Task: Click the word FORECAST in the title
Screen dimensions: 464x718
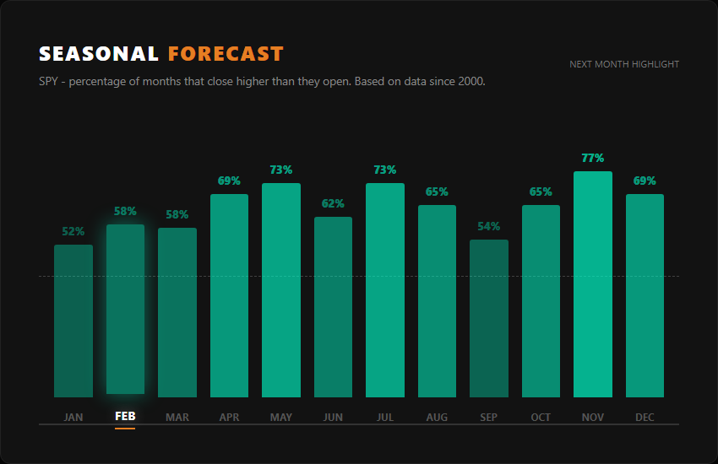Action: coord(226,54)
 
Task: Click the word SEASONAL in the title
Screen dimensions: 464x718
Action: coord(99,54)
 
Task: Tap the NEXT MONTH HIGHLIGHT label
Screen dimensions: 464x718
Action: coord(623,64)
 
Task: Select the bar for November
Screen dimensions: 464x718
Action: coord(593,284)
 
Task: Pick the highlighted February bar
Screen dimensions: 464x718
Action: coord(125,310)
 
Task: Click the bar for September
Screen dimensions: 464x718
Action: coord(489,318)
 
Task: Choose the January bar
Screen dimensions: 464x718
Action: coord(73,321)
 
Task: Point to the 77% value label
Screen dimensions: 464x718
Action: coord(593,159)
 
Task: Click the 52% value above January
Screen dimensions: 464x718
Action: coord(73,231)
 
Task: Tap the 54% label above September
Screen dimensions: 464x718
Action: coord(489,226)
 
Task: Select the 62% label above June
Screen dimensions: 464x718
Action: coord(333,203)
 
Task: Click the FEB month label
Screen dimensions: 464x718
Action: coord(125,417)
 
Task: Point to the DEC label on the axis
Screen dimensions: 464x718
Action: coord(645,417)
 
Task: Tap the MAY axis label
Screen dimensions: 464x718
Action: coord(281,417)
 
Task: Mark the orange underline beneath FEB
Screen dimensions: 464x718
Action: coord(125,428)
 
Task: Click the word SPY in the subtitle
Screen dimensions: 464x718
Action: coord(49,82)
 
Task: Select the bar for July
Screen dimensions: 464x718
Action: coord(385,290)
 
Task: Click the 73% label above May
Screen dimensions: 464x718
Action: coord(281,170)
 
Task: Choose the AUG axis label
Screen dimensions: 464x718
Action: coord(437,417)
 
